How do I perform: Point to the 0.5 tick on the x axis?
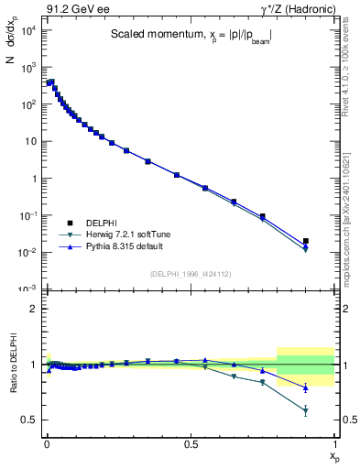click(191, 442)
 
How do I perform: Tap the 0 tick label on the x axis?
click(47, 442)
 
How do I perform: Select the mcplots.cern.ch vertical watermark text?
click(351, 229)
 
